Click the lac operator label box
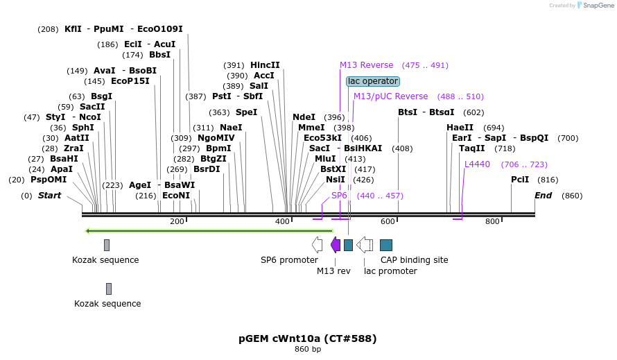pyautogui.click(x=373, y=81)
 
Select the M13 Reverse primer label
pyautogui.click(x=366, y=65)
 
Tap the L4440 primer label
pyautogui.click(x=477, y=164)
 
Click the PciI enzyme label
pyautogui.click(x=520, y=180)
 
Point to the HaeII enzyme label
pyautogui.click(x=460, y=128)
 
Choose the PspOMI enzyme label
pyautogui.click(x=48, y=180)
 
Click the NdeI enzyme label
pyautogui.click(x=304, y=117)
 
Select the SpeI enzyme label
pyautogui.click(x=246, y=112)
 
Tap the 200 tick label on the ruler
pyautogui.click(x=177, y=221)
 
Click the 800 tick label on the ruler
pyautogui.click(x=492, y=221)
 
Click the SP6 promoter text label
pyautogui.click(x=289, y=260)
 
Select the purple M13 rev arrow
pyautogui.click(x=336, y=244)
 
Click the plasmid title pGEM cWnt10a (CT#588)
pyautogui.click(x=308, y=338)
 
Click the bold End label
pyautogui.click(x=543, y=196)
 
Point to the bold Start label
pyautogui.click(x=49, y=196)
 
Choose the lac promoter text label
pyautogui.click(x=390, y=271)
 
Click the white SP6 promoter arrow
pyautogui.click(x=318, y=244)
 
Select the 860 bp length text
pyautogui.click(x=308, y=349)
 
